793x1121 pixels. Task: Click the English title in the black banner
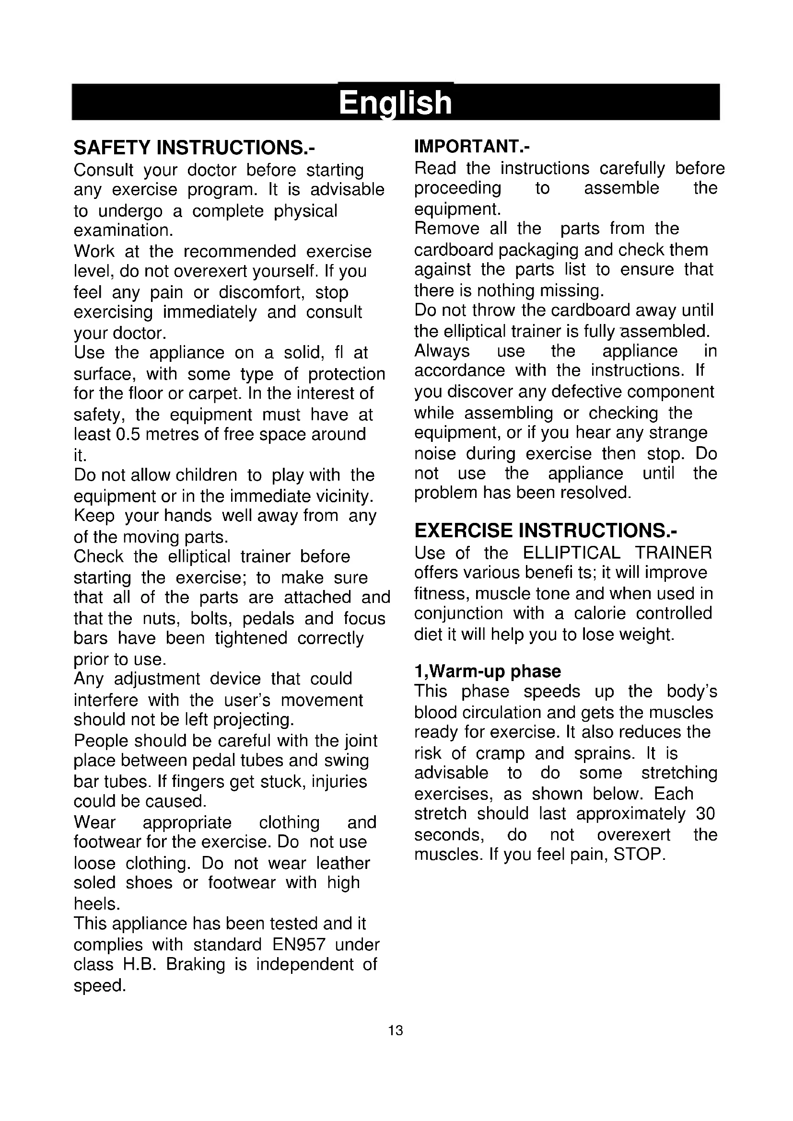pos(396,103)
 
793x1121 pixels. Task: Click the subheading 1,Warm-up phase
pos(487,671)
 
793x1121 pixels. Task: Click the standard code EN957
pos(299,945)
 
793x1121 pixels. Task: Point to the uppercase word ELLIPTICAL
pos(571,553)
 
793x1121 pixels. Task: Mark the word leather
pos(343,863)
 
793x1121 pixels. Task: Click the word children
pos(206,474)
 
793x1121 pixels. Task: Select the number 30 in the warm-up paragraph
pos(705,813)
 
